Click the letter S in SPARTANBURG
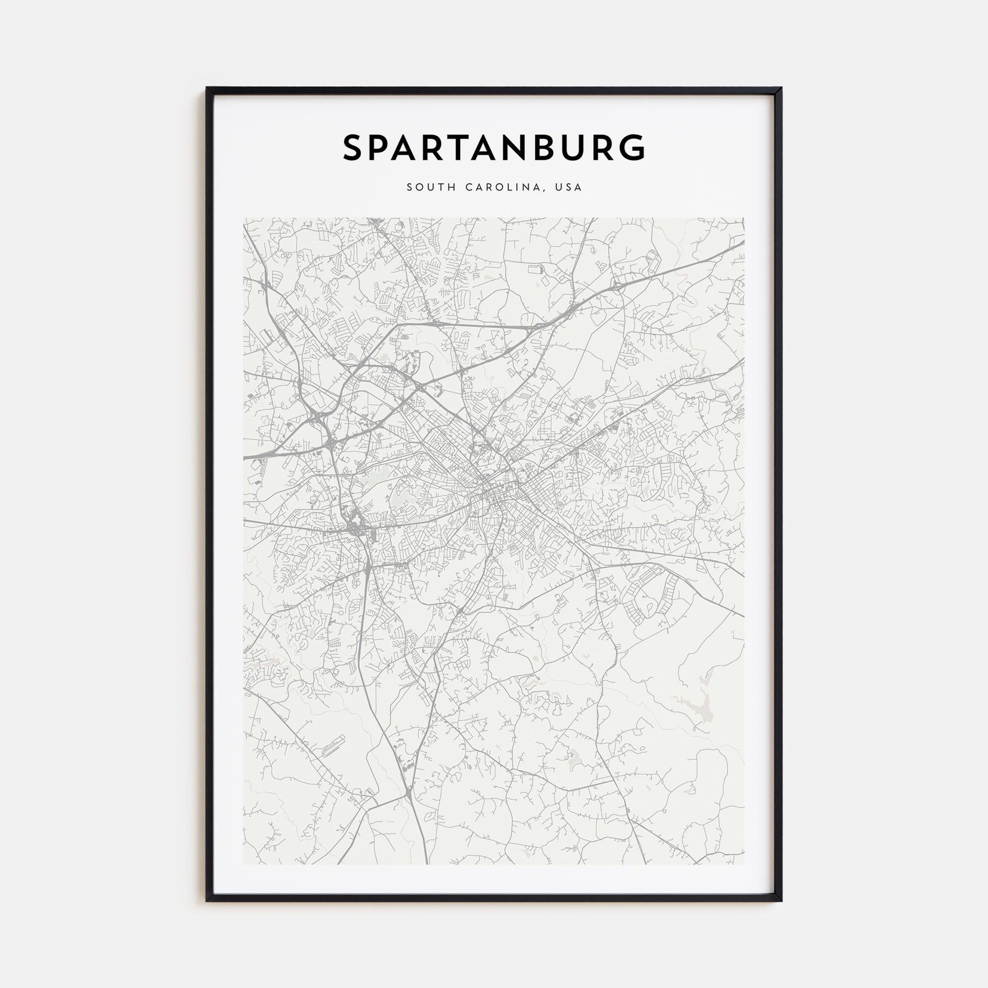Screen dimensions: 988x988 354,148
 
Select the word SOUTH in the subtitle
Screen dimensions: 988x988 431,187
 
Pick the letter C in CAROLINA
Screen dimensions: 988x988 468,187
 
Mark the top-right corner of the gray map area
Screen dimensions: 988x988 743,218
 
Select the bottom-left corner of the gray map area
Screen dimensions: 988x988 244,864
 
